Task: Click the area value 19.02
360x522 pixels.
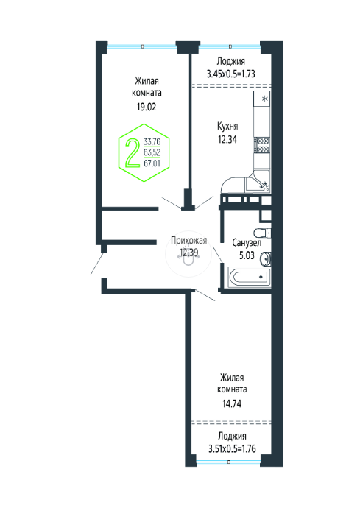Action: coord(147,107)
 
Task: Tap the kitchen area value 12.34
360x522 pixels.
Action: coord(227,139)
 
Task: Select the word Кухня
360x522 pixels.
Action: coord(227,126)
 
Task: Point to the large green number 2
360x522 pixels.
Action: coord(133,153)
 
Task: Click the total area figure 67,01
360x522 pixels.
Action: coord(152,163)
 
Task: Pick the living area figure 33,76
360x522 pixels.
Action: coord(152,142)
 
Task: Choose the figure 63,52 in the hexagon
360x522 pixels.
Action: coord(152,152)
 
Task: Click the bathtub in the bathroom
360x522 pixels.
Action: coord(249,277)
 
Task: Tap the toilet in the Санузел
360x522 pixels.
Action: coord(262,233)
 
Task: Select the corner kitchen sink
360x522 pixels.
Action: coord(258,185)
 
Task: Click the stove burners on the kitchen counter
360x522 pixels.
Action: coord(262,146)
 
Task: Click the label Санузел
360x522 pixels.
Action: coord(247,243)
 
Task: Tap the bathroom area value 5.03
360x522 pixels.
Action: coord(247,255)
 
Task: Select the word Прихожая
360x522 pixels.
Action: coord(188,240)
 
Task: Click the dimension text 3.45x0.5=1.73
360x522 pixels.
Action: coord(230,74)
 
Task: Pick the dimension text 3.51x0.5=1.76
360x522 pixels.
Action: coord(232,449)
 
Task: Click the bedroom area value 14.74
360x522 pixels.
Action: coord(232,403)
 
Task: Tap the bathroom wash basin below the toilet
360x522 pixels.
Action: coord(266,259)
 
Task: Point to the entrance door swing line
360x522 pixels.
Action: coord(97,264)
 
